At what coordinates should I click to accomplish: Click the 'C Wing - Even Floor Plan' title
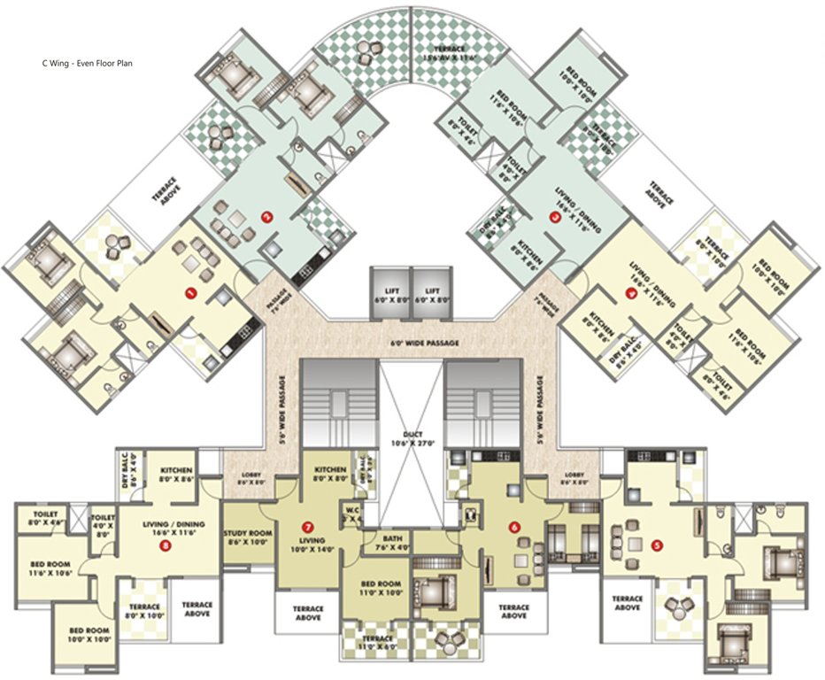coord(88,64)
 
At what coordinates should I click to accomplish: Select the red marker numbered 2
coord(264,215)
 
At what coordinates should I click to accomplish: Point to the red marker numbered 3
coord(555,222)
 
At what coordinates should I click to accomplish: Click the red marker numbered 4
coord(631,296)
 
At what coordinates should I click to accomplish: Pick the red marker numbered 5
coord(656,545)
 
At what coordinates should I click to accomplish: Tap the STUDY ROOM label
coord(247,537)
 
